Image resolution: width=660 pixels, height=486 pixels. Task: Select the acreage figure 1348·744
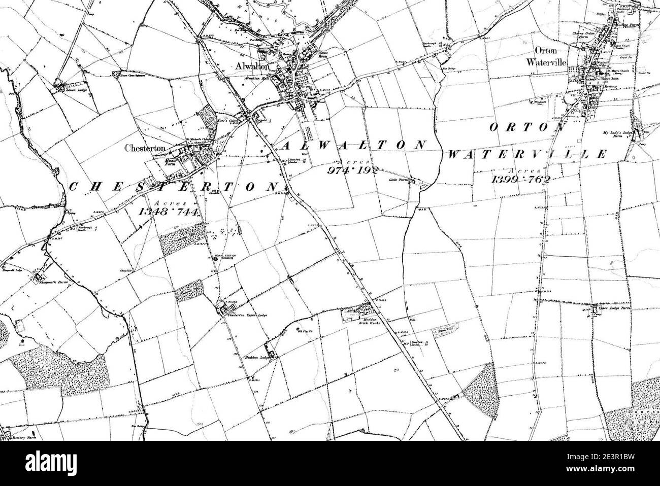(169, 212)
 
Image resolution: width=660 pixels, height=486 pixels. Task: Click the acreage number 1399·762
(520, 179)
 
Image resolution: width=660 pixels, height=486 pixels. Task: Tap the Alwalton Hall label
(256, 80)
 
